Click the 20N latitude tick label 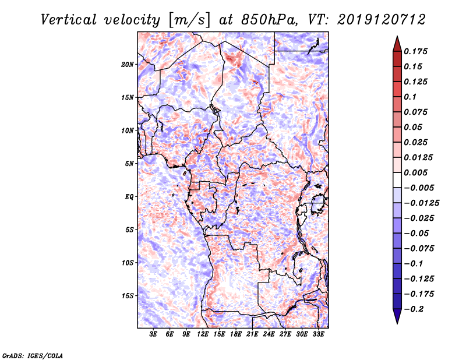(128, 65)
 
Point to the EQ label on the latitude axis (129, 197)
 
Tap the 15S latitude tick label (128, 296)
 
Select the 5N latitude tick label (129, 164)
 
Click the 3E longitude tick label (153, 334)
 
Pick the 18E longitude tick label (236, 334)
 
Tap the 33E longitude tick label (318, 334)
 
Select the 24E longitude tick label (269, 334)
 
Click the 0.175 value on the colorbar (415, 51)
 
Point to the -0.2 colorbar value (414, 309)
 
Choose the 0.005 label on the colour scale (415, 172)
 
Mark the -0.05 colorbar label (416, 234)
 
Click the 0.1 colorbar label (410, 97)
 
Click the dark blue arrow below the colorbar (397, 316)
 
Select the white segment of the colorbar (397, 180)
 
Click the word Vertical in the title (69, 20)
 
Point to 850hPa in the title (269, 20)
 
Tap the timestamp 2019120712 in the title (382, 20)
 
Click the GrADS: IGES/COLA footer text (33, 355)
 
